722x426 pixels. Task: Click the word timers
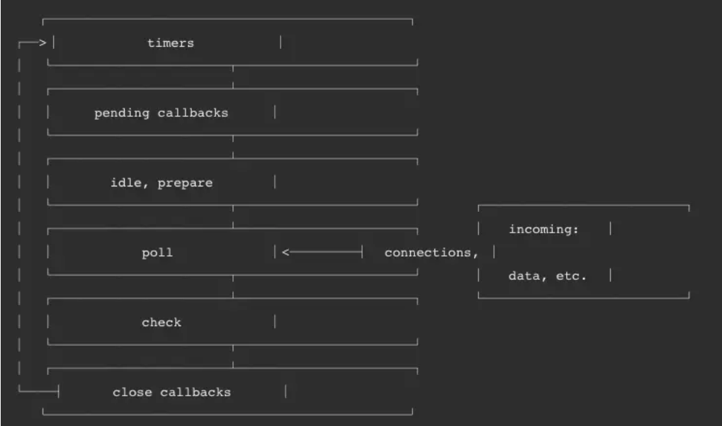pyautogui.click(x=170, y=43)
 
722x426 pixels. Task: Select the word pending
pyautogui.click(x=122, y=113)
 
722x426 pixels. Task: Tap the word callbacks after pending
pyautogui.click(x=193, y=113)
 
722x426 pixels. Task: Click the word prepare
pyautogui.click(x=185, y=184)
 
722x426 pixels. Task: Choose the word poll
pyautogui.click(x=157, y=253)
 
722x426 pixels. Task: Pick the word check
pyautogui.click(x=162, y=323)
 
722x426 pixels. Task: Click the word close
pyautogui.click(x=132, y=393)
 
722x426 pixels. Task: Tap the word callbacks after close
pyautogui.click(x=196, y=393)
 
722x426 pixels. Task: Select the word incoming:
pyautogui.click(x=543, y=230)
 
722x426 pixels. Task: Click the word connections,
pyautogui.click(x=431, y=253)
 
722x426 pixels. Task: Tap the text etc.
pyautogui.click(x=571, y=276)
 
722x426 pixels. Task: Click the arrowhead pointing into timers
pyautogui.click(x=43, y=43)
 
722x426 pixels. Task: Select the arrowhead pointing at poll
pyautogui.click(x=286, y=252)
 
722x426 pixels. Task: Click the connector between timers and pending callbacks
pyautogui.click(x=233, y=77)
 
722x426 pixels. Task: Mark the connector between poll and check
pyautogui.click(x=233, y=286)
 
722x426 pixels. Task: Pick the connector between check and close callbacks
pyautogui.click(x=233, y=356)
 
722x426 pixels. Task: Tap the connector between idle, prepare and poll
pyautogui.click(x=233, y=216)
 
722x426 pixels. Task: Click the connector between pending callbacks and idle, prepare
pyautogui.click(x=233, y=147)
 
